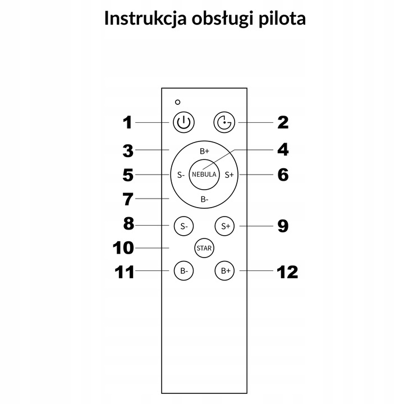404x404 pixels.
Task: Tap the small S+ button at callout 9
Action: pyautogui.click(x=226, y=226)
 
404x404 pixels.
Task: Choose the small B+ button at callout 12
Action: pyautogui.click(x=226, y=270)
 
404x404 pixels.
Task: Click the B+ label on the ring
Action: pyautogui.click(x=204, y=151)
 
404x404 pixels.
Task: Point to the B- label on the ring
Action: pyautogui.click(x=204, y=199)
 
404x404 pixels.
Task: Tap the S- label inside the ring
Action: pyautogui.click(x=181, y=175)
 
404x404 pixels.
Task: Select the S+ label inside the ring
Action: pyautogui.click(x=229, y=175)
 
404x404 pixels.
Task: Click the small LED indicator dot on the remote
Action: pyautogui.click(x=177, y=102)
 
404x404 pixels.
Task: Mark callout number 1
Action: pyautogui.click(x=128, y=122)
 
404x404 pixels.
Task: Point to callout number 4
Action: pyautogui.click(x=283, y=150)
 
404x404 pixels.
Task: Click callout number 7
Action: pyautogui.click(x=128, y=199)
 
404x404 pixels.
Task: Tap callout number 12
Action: pyautogui.click(x=287, y=272)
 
